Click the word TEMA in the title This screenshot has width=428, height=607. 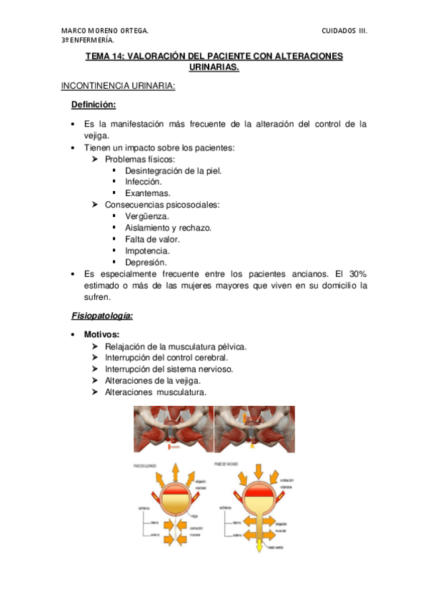coord(98,56)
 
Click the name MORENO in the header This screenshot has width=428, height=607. coord(108,31)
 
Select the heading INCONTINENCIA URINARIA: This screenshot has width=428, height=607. coord(118,86)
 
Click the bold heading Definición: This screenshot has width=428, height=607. coord(93,105)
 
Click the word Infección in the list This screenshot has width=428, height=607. coord(144,182)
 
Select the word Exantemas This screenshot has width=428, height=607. coord(147,193)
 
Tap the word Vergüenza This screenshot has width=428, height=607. coord(147,216)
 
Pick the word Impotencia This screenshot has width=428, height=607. coord(146,251)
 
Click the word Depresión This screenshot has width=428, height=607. coord(146,262)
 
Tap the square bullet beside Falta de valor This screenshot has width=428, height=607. coord(114,239)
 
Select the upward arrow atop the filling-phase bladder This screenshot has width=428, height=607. coord(174,472)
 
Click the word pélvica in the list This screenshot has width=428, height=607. coord(229,346)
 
